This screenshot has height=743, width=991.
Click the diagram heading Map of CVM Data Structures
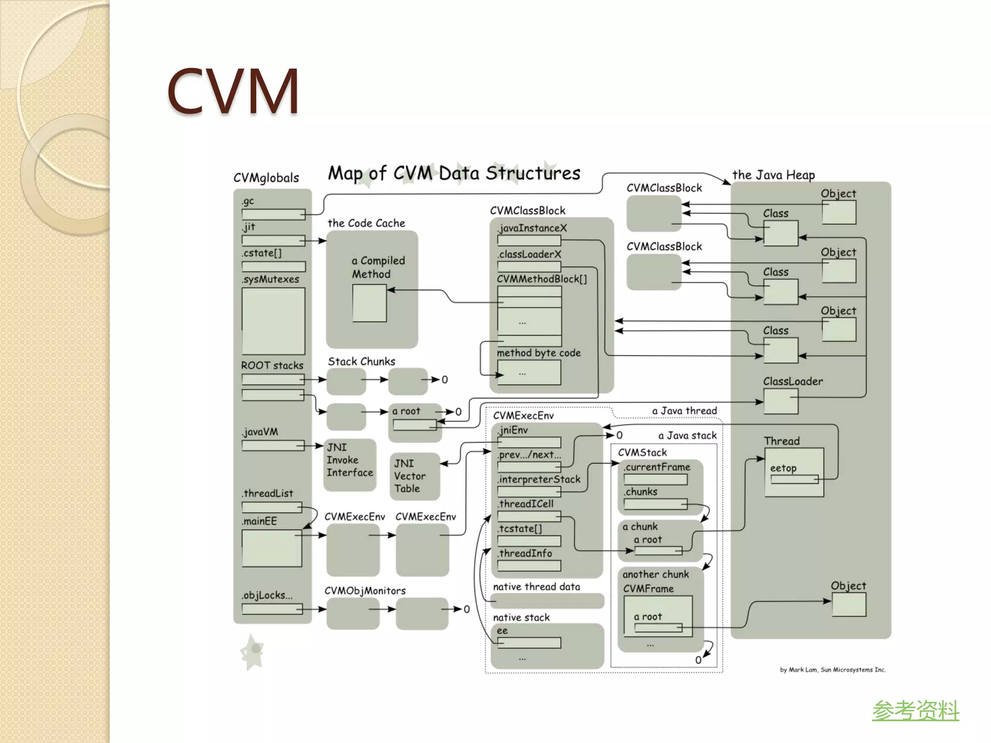[454, 173]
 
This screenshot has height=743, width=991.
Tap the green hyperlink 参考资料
[916, 711]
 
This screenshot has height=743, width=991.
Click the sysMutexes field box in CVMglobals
[273, 321]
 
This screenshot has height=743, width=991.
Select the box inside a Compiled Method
[369, 303]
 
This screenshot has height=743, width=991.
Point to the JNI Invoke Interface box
[349, 464]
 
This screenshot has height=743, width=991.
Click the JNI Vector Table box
[414, 476]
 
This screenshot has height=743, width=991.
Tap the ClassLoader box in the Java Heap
[781, 401]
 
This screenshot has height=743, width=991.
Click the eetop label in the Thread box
[783, 468]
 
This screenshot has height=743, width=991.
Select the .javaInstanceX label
[532, 228]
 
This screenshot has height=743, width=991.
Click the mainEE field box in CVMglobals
[271, 548]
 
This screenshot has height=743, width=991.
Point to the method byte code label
[539, 353]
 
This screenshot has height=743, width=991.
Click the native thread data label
[536, 587]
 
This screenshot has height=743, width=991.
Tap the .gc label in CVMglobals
[248, 201]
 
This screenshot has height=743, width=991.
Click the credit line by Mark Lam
[832, 670]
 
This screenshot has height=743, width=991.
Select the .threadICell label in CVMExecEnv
[526, 504]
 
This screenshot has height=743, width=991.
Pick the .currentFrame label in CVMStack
[657, 467]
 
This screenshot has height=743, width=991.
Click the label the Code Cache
[366, 223]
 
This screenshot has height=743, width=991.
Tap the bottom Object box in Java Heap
[849, 604]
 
